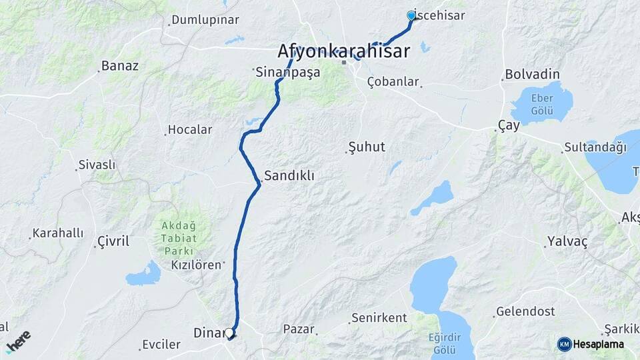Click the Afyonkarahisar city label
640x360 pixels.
pos(343,51)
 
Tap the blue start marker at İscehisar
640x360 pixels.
pos(411,15)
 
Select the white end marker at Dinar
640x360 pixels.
pos(229,332)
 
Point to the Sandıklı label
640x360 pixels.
pos(289,176)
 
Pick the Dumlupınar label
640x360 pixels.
pos(205,20)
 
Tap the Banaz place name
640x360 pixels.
pos(120,66)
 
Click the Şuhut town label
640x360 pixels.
pos(367,147)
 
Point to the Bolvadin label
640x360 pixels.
pos(532,74)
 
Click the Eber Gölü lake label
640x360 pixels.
pos(542,103)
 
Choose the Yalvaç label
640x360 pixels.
pos(567,241)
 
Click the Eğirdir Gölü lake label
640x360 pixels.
pos(443,343)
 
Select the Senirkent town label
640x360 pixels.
pos(379,318)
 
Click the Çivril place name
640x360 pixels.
pos(113,241)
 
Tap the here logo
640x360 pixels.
pos(18,341)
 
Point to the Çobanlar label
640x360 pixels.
pos(393,82)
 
